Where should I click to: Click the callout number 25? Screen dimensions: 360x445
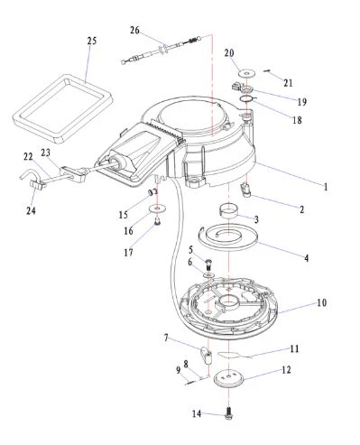(92, 41)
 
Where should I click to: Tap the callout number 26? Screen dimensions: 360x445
(134, 30)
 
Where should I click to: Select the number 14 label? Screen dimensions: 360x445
(197, 414)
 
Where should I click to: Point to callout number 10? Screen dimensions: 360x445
(321, 302)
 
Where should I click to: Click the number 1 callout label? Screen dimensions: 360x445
(326, 187)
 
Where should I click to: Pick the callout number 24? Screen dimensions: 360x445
(31, 210)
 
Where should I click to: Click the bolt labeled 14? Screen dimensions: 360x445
(228, 413)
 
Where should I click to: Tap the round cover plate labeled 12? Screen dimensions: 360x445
(228, 377)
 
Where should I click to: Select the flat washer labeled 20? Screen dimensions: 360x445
(246, 73)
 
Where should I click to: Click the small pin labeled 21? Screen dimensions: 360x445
(267, 70)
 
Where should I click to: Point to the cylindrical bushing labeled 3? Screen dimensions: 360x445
(227, 210)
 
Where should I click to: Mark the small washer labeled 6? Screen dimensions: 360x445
(208, 275)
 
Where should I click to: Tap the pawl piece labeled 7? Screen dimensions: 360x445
(206, 355)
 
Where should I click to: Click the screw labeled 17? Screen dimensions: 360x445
(157, 222)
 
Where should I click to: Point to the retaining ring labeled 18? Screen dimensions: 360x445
(247, 98)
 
